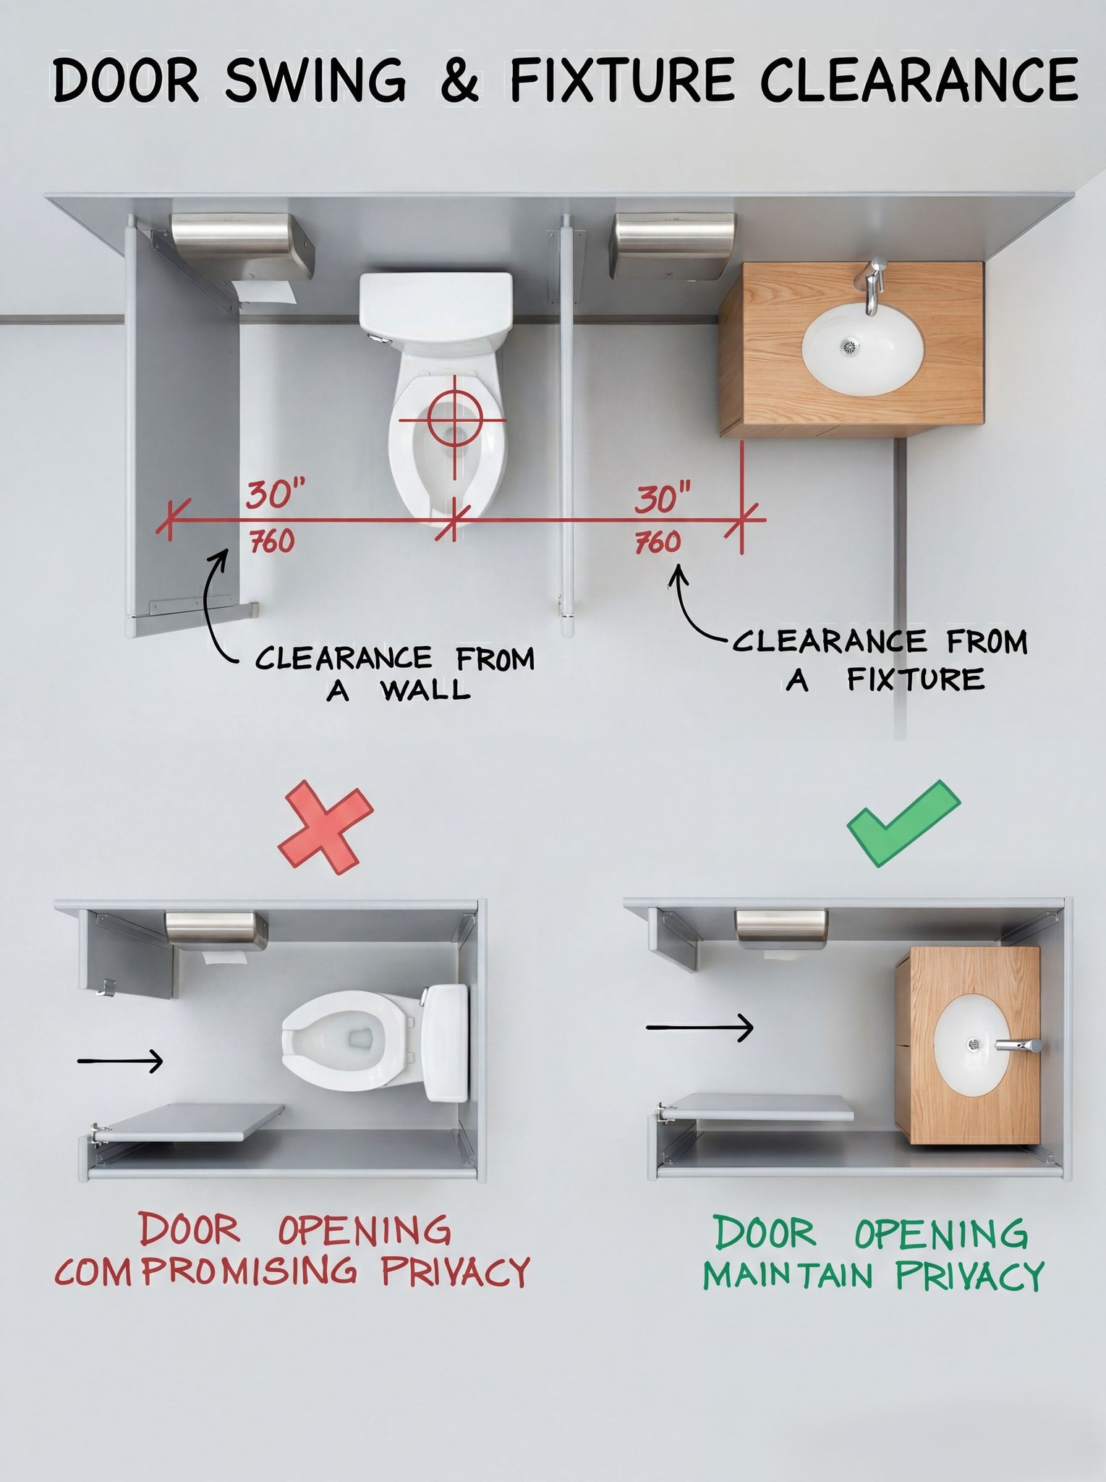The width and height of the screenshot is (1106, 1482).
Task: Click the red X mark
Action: (326, 826)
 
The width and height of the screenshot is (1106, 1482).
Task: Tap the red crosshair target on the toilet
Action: (454, 419)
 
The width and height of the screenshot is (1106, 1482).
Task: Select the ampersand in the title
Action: (459, 81)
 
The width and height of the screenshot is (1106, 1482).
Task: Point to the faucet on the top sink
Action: (875, 286)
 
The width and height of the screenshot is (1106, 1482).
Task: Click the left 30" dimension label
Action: (277, 495)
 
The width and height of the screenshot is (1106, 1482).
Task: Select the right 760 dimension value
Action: (658, 543)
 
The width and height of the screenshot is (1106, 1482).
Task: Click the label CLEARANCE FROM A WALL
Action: (395, 673)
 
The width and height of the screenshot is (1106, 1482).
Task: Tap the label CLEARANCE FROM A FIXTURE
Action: (880, 660)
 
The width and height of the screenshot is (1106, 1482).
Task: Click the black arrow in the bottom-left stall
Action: (120, 1061)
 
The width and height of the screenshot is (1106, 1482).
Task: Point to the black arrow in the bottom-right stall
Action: (699, 1027)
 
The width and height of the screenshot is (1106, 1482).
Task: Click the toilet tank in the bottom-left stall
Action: (446, 1042)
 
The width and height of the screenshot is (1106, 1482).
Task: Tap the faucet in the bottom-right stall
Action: (1019, 1045)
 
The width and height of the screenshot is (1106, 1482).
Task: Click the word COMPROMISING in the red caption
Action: (206, 1271)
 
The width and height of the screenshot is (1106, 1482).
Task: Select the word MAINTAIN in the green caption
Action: (788, 1275)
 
